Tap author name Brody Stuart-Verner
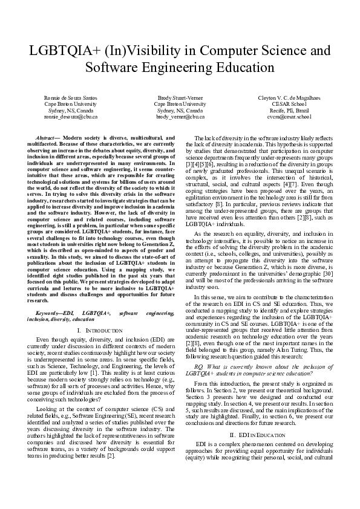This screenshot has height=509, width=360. (x=180, y=98)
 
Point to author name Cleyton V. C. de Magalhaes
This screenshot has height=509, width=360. (x=289, y=98)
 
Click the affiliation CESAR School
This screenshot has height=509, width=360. (x=289, y=104)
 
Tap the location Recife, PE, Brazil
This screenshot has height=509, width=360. (x=289, y=110)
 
